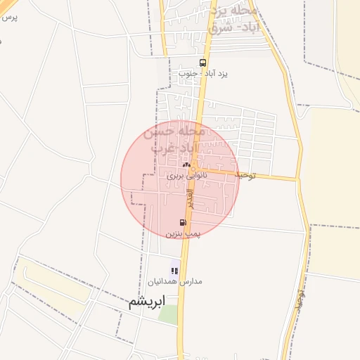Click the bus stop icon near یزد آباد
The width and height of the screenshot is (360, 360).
[203, 62]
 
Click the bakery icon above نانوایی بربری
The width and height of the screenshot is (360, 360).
[186, 165]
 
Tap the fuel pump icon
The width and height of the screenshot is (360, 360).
[184, 222]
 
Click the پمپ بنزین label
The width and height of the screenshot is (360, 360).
[184, 232]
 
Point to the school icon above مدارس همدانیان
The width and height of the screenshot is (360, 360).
[174, 271]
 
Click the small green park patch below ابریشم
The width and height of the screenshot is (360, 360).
[168, 314]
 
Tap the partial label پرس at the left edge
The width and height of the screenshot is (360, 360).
[8, 16]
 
